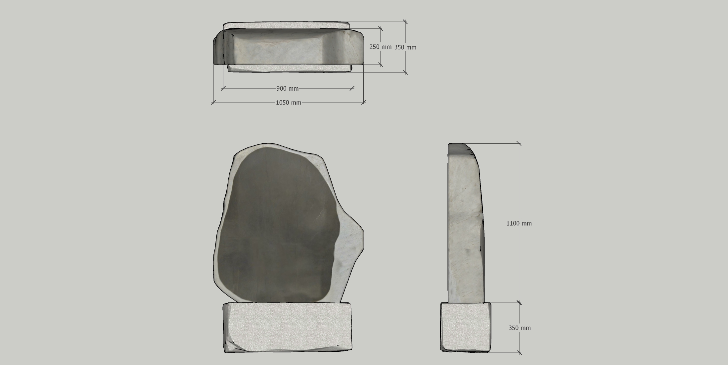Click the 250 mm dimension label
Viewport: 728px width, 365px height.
[380, 47]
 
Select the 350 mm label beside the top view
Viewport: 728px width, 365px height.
[405, 47]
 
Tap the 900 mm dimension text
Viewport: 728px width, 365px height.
[288, 88]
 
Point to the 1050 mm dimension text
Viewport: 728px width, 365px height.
[289, 103]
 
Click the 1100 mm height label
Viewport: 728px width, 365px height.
[519, 223]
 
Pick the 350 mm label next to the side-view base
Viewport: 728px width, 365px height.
[520, 328]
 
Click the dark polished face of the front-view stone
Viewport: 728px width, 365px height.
[278, 225]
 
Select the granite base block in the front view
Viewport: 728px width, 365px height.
[287, 327]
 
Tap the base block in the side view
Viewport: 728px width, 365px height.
[466, 327]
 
